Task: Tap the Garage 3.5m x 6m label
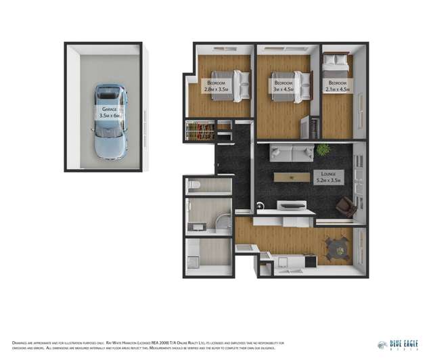click(x=107, y=112)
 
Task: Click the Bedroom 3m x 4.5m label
click(x=281, y=85)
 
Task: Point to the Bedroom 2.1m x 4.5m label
click(x=337, y=85)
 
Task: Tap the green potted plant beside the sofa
click(x=323, y=150)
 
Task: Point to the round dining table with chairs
click(x=336, y=247)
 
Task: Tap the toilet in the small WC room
click(x=193, y=185)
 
